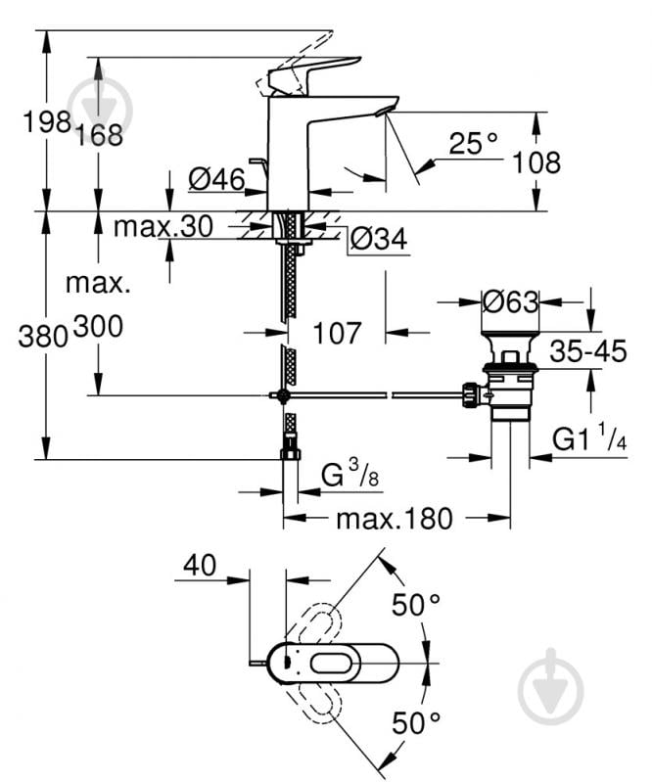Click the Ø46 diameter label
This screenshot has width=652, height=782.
coord(214,179)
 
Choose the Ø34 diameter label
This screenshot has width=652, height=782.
coord(377,238)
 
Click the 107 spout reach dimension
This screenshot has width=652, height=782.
coord(336,333)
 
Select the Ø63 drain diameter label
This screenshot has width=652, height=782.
coord(510,302)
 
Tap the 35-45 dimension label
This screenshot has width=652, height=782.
coord(587,351)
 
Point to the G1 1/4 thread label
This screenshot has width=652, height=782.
coord(589,440)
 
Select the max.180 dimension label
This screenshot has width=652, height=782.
coord(394,519)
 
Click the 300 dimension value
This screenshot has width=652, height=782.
coord(97,327)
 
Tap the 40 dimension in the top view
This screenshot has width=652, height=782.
coord(200,564)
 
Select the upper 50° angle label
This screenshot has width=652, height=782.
coord(416,605)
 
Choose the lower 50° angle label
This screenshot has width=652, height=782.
coord(416,723)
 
